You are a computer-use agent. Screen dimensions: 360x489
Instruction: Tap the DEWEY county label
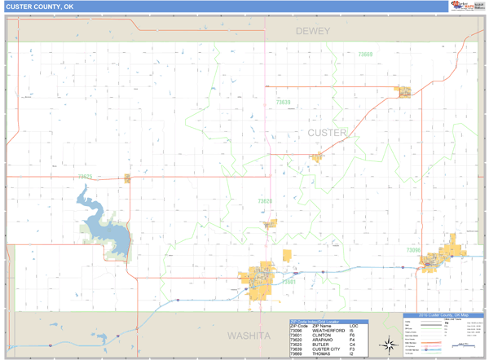point(313,31)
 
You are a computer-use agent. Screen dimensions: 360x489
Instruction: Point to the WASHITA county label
point(249,335)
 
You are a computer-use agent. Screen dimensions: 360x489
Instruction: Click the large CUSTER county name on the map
point(327,132)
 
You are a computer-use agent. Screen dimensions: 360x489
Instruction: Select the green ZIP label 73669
point(365,55)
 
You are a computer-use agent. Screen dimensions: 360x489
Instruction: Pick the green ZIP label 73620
point(265,200)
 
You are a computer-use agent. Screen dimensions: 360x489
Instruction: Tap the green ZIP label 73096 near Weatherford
point(413,250)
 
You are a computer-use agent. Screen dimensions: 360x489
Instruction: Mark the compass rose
point(390,345)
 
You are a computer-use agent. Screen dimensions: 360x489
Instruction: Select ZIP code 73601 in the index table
point(295,335)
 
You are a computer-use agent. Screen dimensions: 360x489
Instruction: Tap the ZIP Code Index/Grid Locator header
point(318,322)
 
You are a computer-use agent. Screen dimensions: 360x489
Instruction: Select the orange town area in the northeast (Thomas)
point(403,90)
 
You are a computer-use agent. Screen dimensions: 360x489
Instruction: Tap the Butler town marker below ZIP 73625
point(127,178)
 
